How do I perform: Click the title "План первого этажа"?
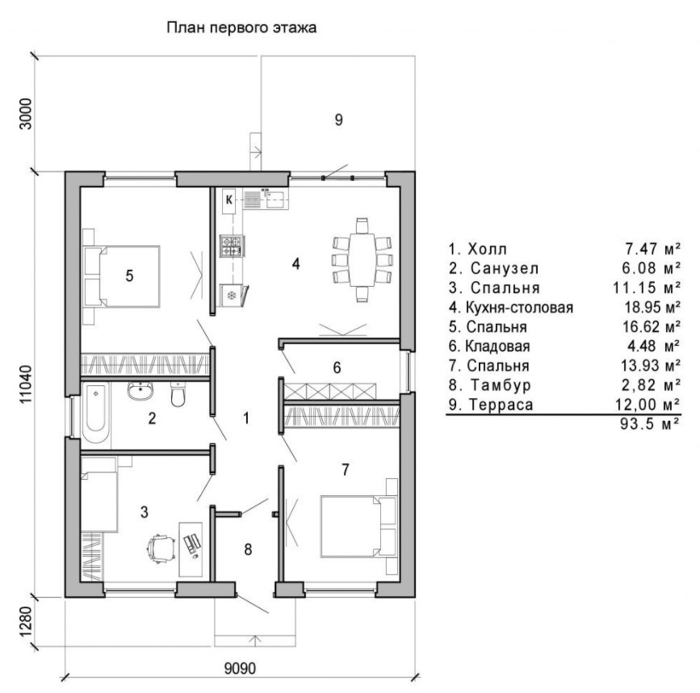point(241,27)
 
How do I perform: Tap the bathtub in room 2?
point(95,412)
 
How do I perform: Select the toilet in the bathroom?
point(178,394)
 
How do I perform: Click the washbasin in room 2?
point(140,391)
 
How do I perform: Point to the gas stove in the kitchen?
point(233,246)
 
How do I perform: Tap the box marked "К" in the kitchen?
point(229,199)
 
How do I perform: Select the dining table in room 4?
point(362,260)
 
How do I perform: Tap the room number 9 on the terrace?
point(338,120)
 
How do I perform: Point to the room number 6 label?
point(337,367)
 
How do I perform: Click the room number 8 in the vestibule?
point(248,549)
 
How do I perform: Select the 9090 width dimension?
point(240,669)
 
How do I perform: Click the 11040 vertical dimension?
point(27,384)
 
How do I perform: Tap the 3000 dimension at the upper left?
point(27,114)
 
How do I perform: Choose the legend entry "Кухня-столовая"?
point(519,308)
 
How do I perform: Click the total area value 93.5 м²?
point(650,423)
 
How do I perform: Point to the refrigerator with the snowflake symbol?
point(232,295)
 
